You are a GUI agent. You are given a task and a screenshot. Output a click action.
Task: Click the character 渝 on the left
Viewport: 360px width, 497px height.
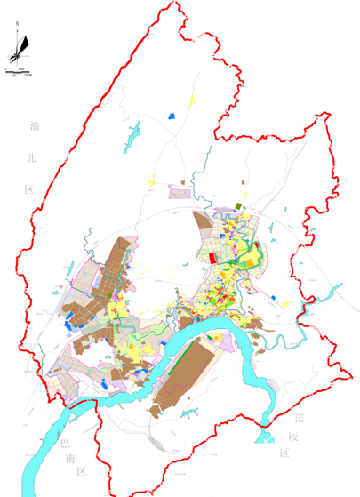coord(34,127)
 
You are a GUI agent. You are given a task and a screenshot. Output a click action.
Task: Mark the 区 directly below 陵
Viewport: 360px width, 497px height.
coord(284,453)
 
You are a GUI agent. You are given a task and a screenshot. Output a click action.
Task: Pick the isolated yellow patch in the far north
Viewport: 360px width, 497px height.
coord(195,105)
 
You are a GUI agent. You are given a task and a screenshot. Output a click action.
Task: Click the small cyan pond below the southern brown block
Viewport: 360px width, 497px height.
coord(262,435)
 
